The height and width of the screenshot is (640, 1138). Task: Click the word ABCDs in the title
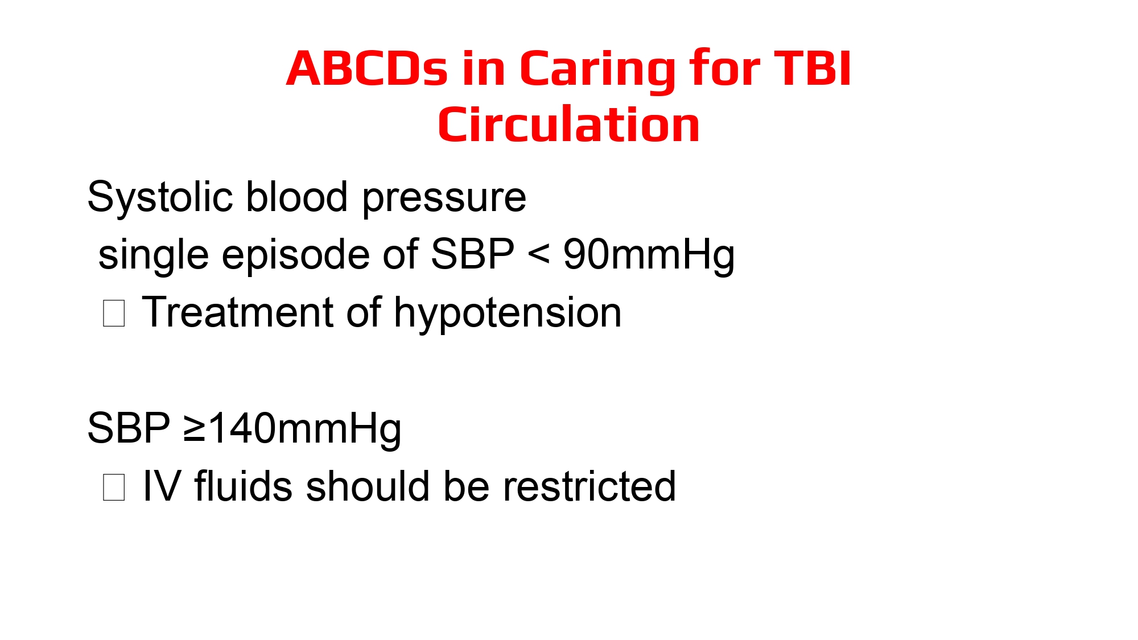367,68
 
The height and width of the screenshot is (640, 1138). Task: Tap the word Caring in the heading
597,71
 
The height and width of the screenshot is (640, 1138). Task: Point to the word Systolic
160,198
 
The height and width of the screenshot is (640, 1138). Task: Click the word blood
297,197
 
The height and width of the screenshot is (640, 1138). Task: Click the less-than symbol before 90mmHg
539,254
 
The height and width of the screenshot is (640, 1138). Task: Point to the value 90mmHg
649,254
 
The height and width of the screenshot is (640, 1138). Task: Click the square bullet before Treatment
114,313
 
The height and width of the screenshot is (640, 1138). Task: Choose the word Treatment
238,312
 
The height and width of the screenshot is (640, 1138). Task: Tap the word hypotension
508,313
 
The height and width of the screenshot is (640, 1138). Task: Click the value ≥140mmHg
292,429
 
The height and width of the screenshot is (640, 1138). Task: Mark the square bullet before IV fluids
114,487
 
